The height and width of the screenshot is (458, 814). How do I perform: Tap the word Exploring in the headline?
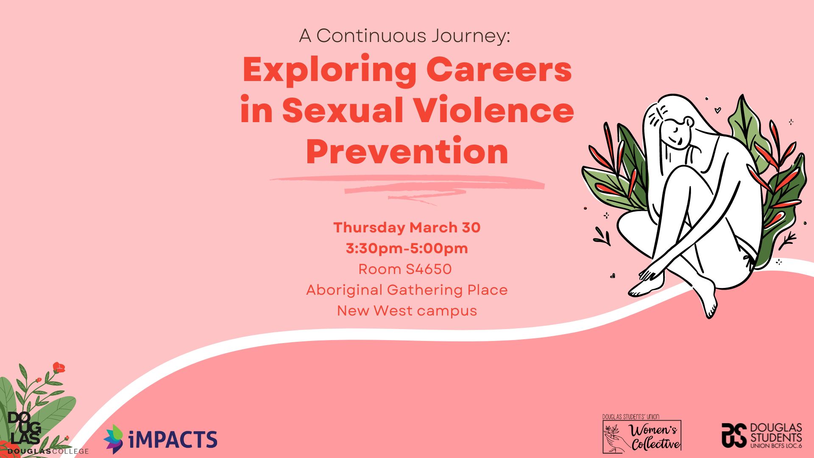pyautogui.click(x=329, y=70)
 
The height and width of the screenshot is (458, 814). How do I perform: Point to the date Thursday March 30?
pyautogui.click(x=407, y=228)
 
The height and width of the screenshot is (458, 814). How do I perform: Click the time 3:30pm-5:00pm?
pyautogui.click(x=407, y=249)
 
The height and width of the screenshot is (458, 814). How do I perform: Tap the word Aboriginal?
pyautogui.click(x=344, y=290)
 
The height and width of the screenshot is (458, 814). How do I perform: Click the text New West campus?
pyautogui.click(x=407, y=311)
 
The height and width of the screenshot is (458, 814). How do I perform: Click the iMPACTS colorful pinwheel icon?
pyautogui.click(x=114, y=439)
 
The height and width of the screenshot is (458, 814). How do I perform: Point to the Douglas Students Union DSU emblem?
pyautogui.click(x=734, y=435)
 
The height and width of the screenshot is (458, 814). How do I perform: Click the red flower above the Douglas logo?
pyautogui.click(x=59, y=368)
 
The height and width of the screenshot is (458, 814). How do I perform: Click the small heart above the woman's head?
pyautogui.click(x=717, y=110)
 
